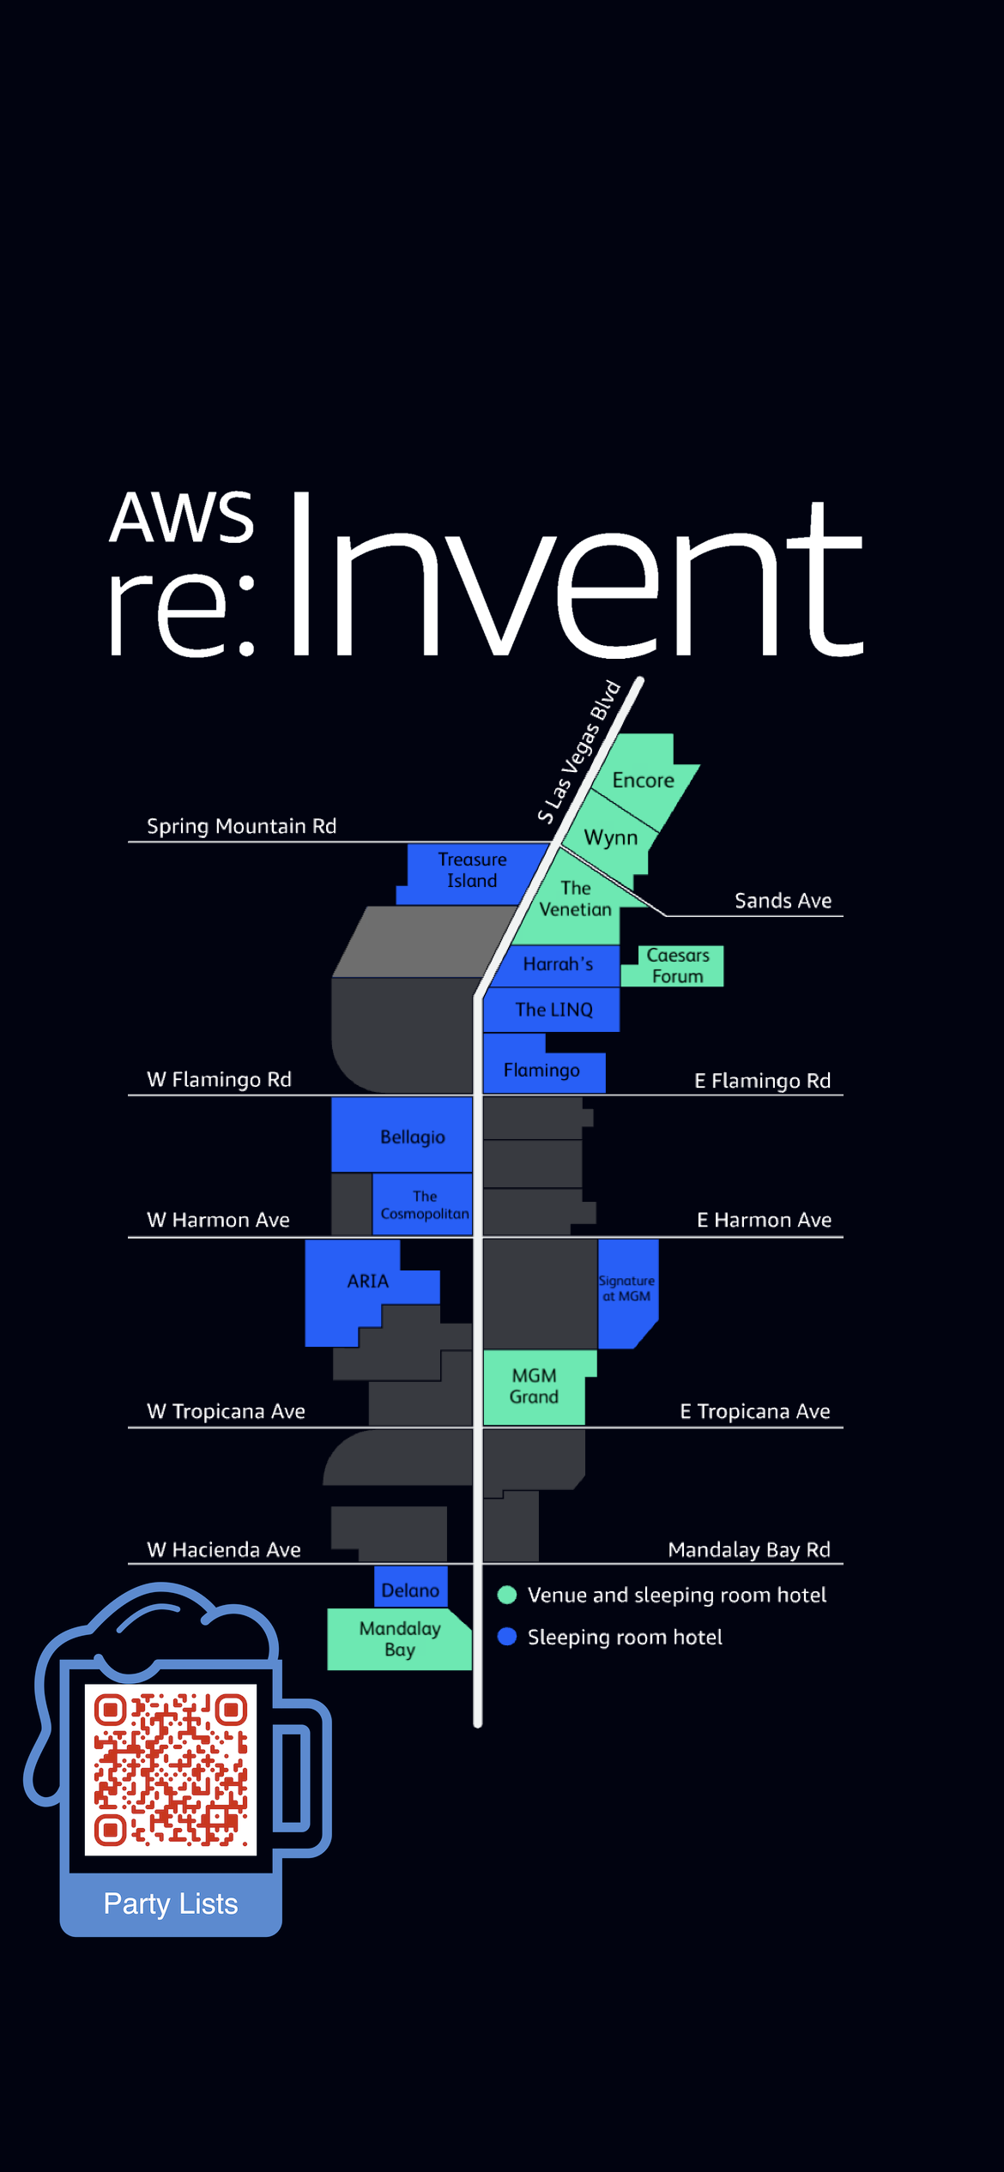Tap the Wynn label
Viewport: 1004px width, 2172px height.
(x=611, y=837)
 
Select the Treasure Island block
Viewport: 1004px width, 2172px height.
(x=472, y=872)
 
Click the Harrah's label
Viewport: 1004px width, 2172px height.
(x=558, y=964)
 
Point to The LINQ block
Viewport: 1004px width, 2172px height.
(x=551, y=1010)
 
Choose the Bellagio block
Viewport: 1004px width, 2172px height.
(x=402, y=1134)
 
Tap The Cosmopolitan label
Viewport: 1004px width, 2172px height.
(x=425, y=1205)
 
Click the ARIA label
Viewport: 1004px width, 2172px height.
(x=368, y=1281)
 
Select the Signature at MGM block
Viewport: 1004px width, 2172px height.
(x=626, y=1292)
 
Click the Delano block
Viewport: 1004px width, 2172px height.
(x=410, y=1587)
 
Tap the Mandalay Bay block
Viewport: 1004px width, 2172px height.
(x=400, y=1639)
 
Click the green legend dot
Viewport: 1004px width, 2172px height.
(x=507, y=1595)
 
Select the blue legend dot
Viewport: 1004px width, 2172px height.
(x=507, y=1637)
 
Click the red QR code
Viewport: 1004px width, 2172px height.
(x=171, y=1770)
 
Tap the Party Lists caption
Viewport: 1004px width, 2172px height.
(x=171, y=1904)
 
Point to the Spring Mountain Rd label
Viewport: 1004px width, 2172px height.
(x=241, y=826)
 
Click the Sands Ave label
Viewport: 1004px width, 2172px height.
(x=783, y=901)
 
